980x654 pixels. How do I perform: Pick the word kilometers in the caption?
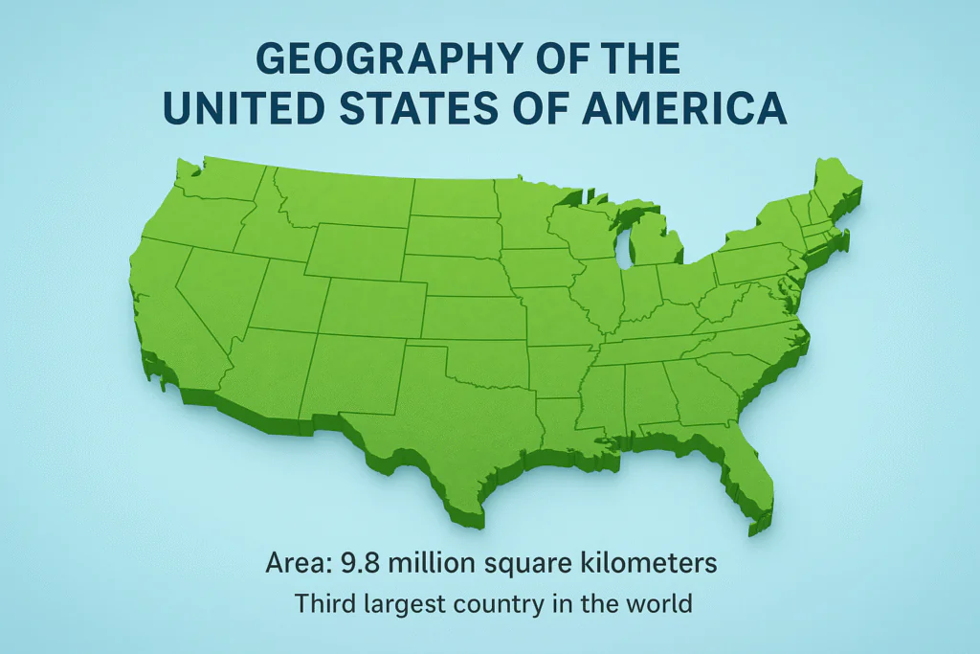coord(654,564)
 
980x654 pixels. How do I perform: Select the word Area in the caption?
coord(293,564)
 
